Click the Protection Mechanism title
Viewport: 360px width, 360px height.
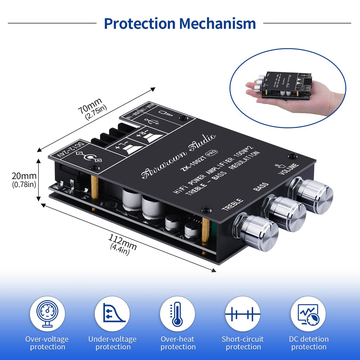click(180, 24)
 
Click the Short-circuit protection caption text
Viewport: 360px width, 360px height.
click(243, 343)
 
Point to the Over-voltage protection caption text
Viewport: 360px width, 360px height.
click(47, 343)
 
